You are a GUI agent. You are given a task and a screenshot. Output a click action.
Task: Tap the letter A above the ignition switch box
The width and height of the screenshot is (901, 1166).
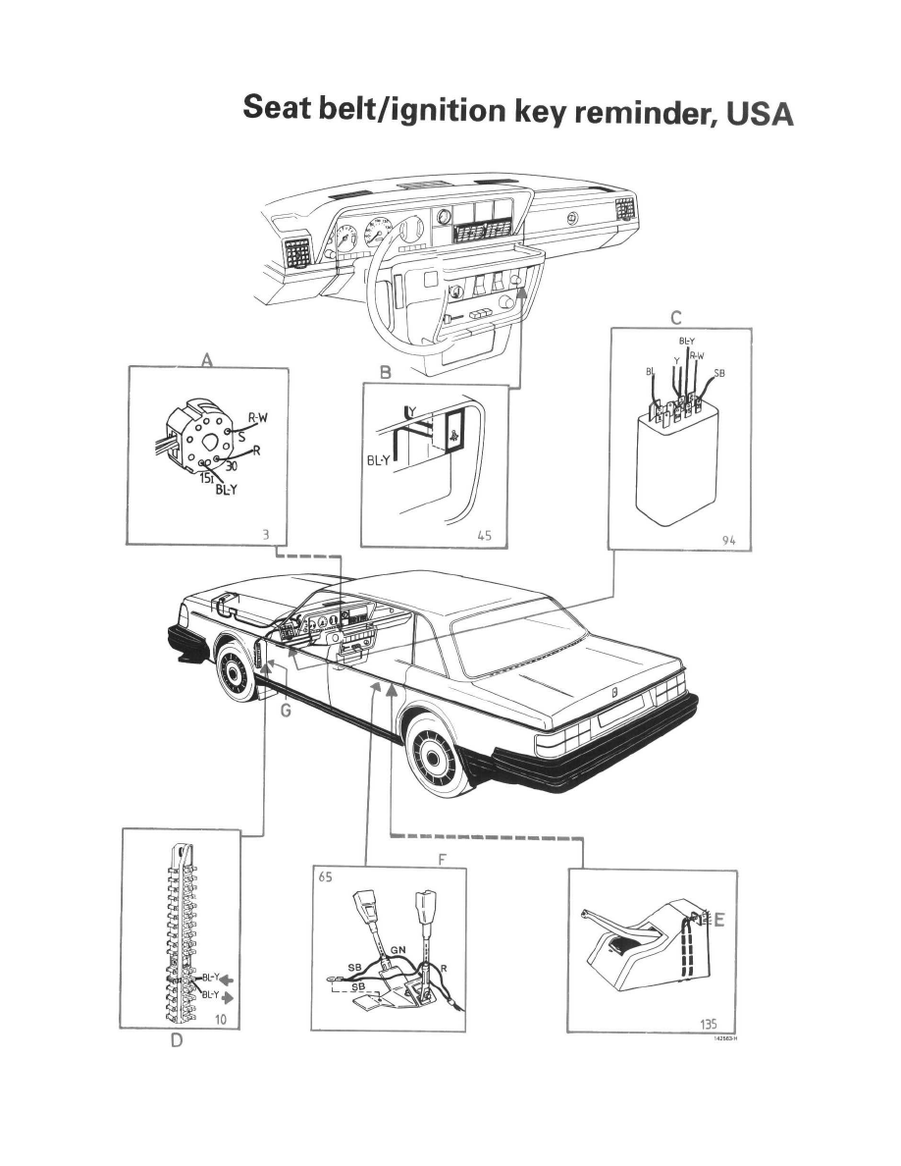tap(207, 360)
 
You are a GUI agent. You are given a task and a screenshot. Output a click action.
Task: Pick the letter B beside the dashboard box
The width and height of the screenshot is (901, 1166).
tap(385, 373)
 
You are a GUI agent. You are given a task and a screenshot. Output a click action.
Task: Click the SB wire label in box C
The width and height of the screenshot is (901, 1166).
tap(719, 372)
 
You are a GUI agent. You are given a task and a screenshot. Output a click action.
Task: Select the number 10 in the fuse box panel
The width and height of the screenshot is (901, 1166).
tap(221, 1021)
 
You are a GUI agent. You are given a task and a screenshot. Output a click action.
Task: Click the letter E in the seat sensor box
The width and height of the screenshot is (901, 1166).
tap(719, 921)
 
